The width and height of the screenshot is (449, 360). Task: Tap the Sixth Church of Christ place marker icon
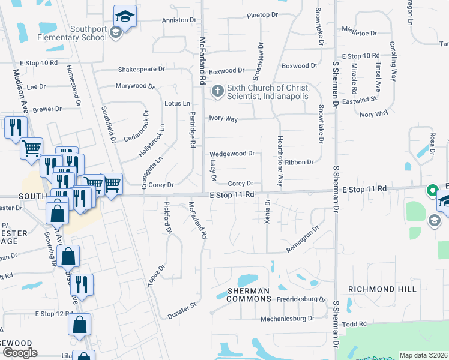pos(217,92)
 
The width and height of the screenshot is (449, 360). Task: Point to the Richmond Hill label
pos(382,289)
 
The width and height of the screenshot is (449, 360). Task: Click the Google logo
pos(20,353)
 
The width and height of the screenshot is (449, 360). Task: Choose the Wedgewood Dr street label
pos(232,154)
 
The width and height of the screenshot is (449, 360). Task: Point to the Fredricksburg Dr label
pos(300,299)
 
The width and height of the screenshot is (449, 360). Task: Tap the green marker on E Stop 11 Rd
pos(431,191)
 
